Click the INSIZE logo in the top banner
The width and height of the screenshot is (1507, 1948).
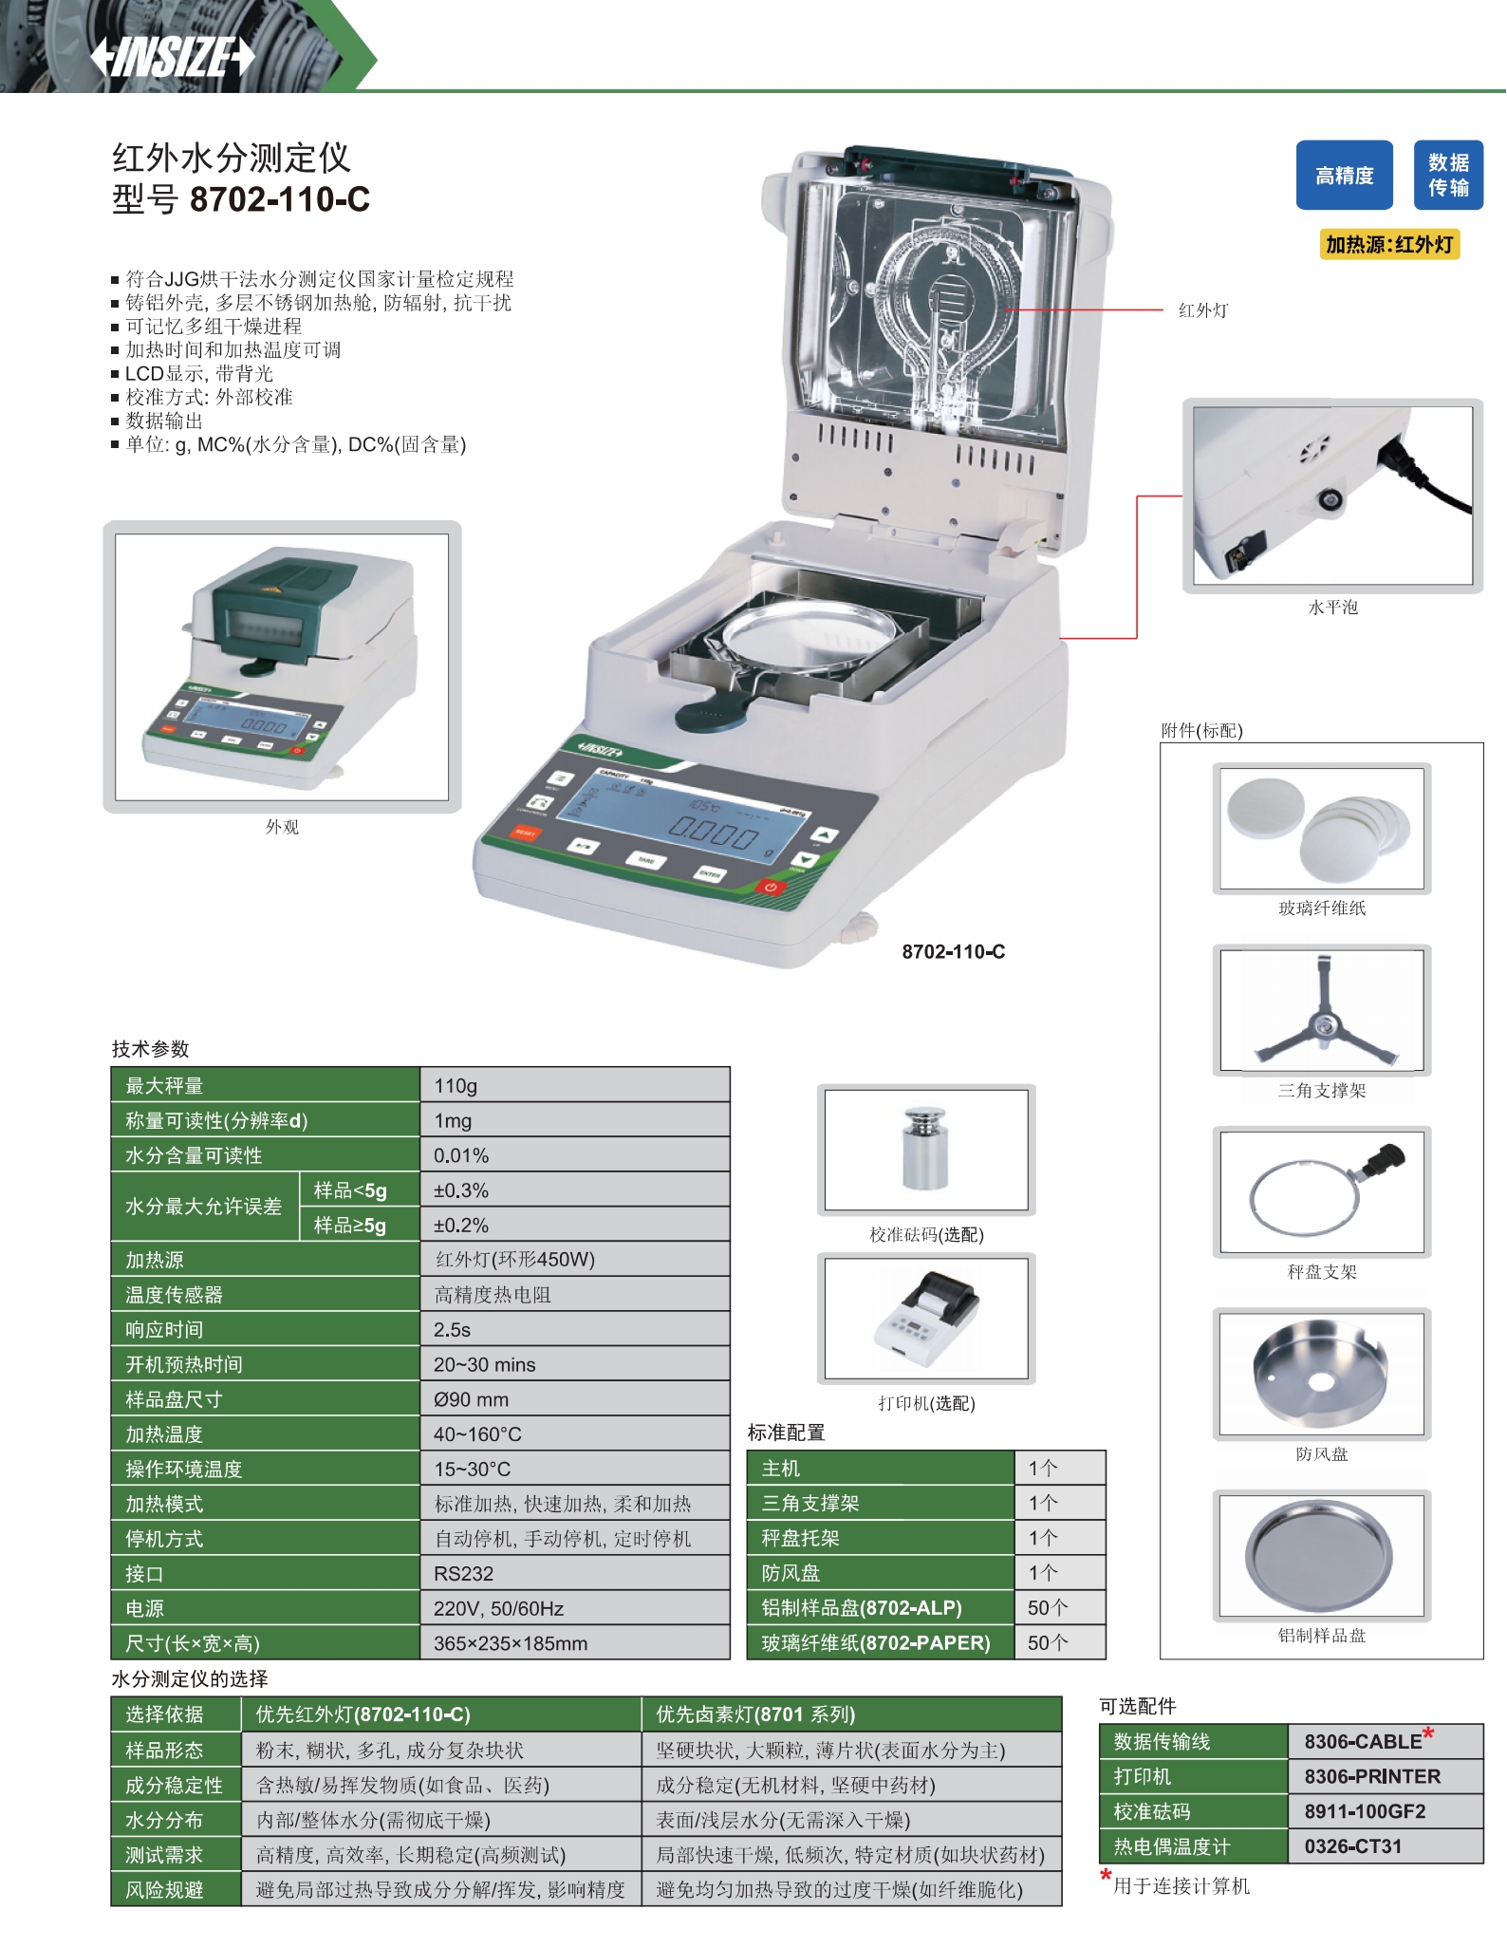[173, 57]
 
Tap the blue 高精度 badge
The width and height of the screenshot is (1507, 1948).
[1344, 176]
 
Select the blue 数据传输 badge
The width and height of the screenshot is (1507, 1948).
[1448, 176]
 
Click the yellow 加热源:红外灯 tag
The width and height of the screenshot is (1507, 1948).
[1389, 245]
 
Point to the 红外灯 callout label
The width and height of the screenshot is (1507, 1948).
[1203, 310]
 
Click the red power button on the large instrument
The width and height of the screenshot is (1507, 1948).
[770, 888]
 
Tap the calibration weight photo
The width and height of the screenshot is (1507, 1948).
[926, 1150]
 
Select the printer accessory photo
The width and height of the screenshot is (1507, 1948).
[926, 1318]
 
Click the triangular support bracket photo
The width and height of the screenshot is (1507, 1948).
[1322, 1010]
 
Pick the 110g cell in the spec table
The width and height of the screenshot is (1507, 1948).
[456, 1085]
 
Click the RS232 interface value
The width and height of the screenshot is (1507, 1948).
[463, 1573]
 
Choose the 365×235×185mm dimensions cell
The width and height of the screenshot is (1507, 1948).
[511, 1643]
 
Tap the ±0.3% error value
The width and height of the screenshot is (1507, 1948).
[461, 1190]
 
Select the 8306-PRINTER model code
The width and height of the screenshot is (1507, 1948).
[1372, 1776]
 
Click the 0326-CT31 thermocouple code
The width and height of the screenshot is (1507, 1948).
[1352, 1846]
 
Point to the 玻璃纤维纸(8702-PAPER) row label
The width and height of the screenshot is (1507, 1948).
[875, 1642]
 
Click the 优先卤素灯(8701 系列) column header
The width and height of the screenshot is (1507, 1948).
[755, 1714]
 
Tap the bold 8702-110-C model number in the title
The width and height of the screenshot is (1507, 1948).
[280, 199]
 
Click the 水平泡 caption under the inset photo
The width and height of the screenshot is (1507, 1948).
[1332, 608]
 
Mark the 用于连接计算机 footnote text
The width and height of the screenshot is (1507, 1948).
[1181, 1886]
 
